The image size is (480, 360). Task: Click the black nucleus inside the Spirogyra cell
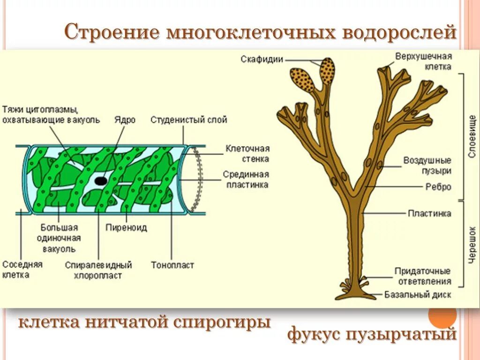point(100,180)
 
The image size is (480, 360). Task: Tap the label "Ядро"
point(124,120)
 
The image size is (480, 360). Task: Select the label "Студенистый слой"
point(188,120)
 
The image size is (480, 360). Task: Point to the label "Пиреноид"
point(126,228)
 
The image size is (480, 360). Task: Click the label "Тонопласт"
point(172,265)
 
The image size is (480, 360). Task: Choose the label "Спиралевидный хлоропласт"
point(98,270)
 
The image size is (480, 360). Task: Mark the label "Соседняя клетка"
point(22,269)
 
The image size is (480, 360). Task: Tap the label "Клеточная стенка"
point(247,153)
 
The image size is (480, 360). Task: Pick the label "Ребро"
point(438,187)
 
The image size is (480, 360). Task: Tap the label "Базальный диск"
point(418,295)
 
